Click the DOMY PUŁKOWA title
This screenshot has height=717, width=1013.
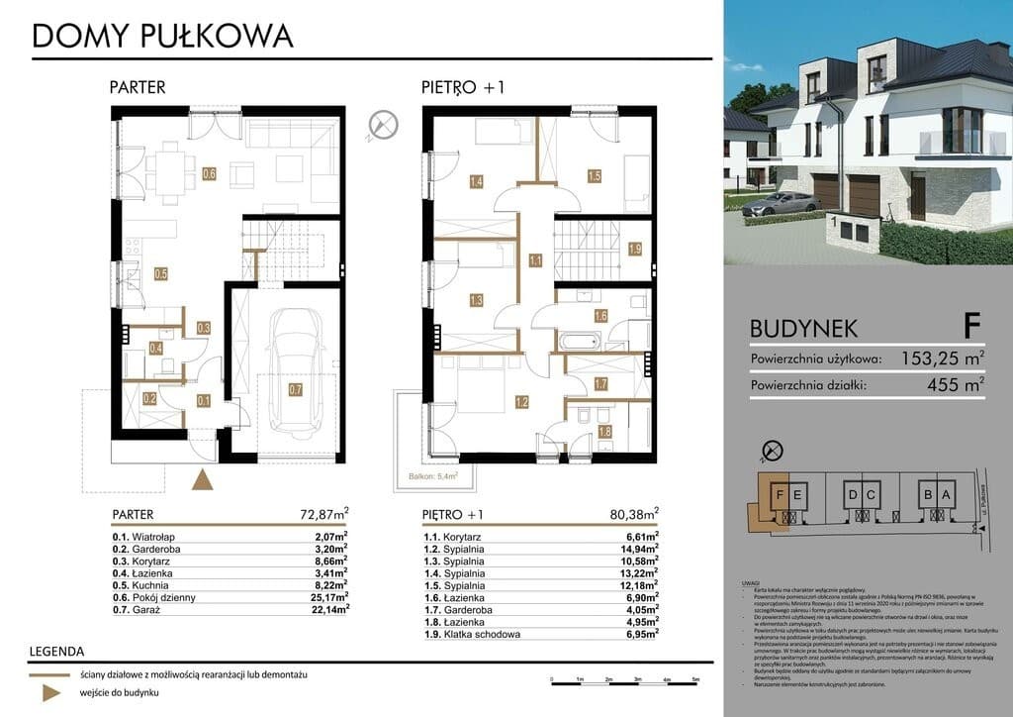[163, 36]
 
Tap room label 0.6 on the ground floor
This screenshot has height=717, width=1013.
[209, 174]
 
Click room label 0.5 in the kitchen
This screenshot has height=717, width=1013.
[160, 274]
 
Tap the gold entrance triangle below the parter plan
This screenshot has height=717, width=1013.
[202, 480]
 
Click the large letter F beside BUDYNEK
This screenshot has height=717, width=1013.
[971, 324]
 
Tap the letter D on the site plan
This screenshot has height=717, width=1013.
[851, 494]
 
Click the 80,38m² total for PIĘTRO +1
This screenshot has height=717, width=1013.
[633, 514]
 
